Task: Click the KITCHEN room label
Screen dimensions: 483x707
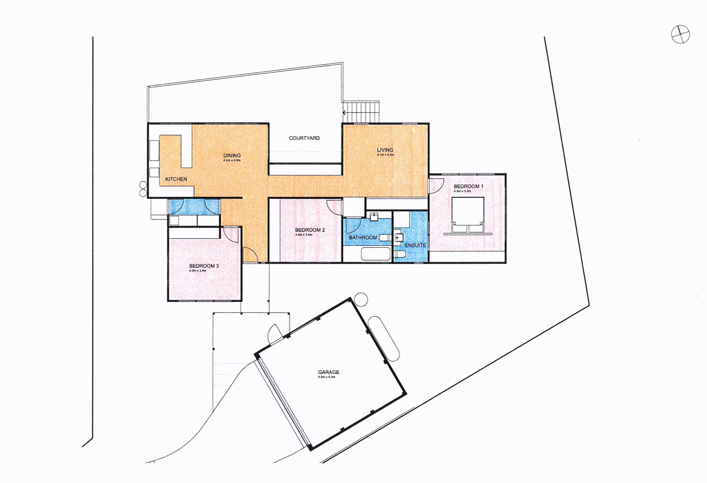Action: point(176,179)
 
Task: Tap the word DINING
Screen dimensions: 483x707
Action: point(232,155)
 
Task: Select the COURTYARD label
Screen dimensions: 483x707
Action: point(304,138)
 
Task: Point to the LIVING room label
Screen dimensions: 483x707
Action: point(385,150)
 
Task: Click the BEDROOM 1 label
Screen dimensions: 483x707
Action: point(468,186)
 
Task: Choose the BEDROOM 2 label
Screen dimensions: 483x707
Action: point(310,230)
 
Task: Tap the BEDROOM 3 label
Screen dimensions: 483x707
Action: point(204,266)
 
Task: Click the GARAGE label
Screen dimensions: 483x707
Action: point(328,372)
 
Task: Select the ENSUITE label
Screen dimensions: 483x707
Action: point(415,245)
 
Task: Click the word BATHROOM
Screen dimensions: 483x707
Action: point(363,238)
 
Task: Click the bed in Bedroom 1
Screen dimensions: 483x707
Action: point(468,215)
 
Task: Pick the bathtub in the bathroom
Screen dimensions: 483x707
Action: point(376,254)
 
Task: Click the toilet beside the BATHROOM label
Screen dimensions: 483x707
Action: point(385,237)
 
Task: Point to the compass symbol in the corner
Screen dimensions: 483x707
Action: point(680,34)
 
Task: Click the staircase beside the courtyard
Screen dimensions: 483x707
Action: point(361,112)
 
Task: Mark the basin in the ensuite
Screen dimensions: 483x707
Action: point(399,237)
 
